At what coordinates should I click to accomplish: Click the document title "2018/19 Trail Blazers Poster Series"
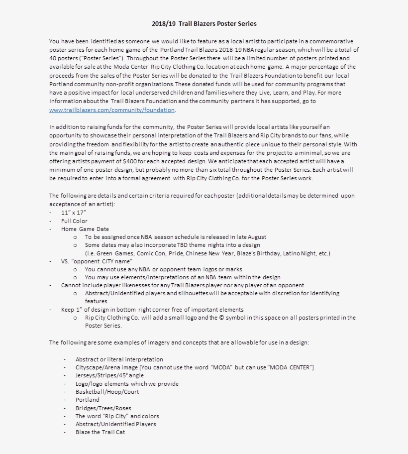pyautogui.click(x=204, y=23)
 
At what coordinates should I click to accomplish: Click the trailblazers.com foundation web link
pyautogui.click(x=112, y=110)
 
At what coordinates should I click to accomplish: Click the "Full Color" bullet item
pyautogui.click(x=74, y=221)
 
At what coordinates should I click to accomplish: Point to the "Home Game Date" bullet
pyautogui.click(x=85, y=229)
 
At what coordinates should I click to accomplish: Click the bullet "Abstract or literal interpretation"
pyautogui.click(x=119, y=359)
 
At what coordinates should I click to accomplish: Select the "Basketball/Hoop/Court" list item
pyautogui.click(x=107, y=391)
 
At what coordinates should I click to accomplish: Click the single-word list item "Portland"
pyautogui.click(x=88, y=399)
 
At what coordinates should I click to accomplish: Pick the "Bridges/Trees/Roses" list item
pyautogui.click(x=103, y=408)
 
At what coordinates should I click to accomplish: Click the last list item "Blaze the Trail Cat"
pyautogui.click(x=100, y=432)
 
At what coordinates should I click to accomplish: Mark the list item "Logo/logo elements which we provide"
pyautogui.click(x=127, y=383)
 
